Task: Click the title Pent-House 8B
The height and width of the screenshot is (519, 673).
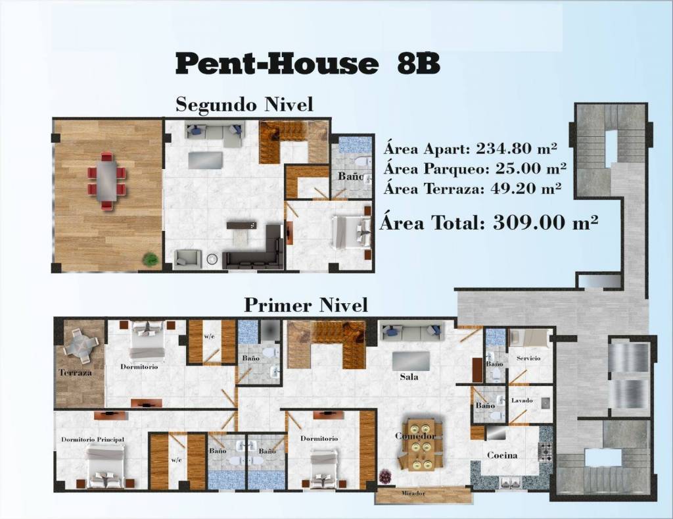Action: pyautogui.click(x=308, y=64)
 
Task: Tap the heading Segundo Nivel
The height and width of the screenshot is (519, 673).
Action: pyautogui.click(x=244, y=105)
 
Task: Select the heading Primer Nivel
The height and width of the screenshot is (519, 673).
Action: pyautogui.click(x=306, y=305)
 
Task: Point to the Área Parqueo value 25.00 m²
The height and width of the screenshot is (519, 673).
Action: pyautogui.click(x=530, y=168)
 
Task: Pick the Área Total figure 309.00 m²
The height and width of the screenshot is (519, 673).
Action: pyautogui.click(x=545, y=222)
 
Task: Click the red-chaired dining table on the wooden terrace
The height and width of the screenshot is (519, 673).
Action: pyautogui.click(x=107, y=180)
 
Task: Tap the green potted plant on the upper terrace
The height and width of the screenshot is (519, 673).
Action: pyautogui.click(x=151, y=259)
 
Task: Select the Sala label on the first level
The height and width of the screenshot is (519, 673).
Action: pyautogui.click(x=409, y=377)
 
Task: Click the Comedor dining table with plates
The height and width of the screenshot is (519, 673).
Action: pyautogui.click(x=420, y=445)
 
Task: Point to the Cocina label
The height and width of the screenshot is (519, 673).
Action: pyautogui.click(x=501, y=455)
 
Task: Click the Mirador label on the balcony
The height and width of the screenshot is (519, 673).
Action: pyautogui.click(x=413, y=493)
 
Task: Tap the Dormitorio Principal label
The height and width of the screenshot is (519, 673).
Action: pyautogui.click(x=93, y=439)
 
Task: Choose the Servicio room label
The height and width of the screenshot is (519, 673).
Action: pyautogui.click(x=528, y=358)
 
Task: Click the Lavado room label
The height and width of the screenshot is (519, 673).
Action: pyautogui.click(x=522, y=401)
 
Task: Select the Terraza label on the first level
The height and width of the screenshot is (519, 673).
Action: pyautogui.click(x=75, y=372)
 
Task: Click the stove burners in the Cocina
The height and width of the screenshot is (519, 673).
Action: pyautogui.click(x=546, y=453)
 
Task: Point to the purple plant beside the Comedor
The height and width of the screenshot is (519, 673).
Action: pyautogui.click(x=385, y=477)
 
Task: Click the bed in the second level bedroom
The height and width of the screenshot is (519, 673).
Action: pyautogui.click(x=352, y=232)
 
